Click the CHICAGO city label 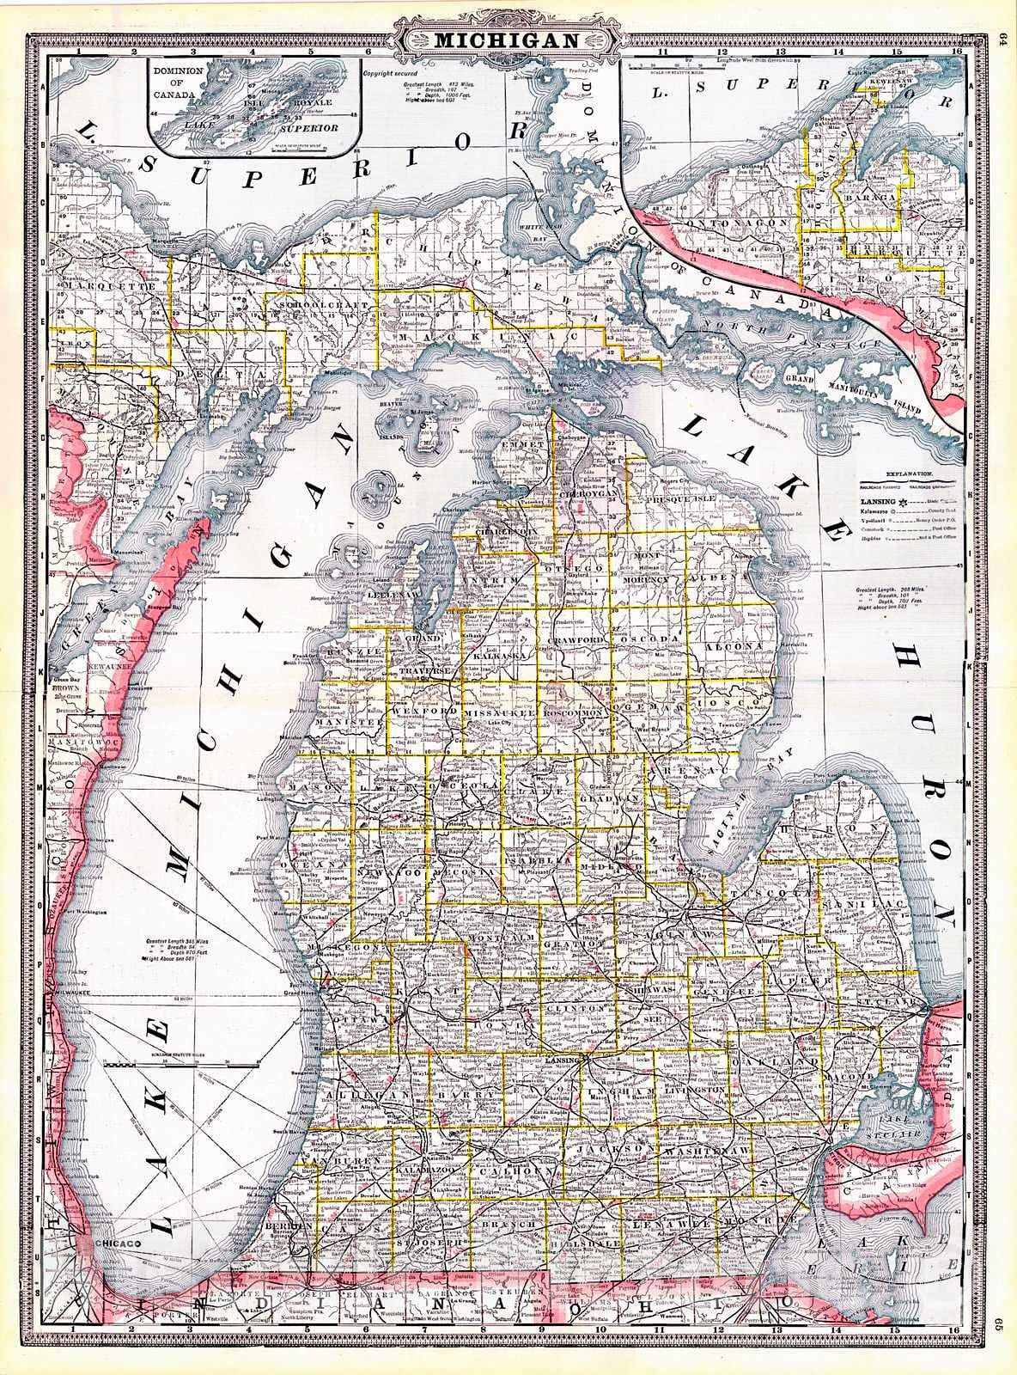[120, 1244]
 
